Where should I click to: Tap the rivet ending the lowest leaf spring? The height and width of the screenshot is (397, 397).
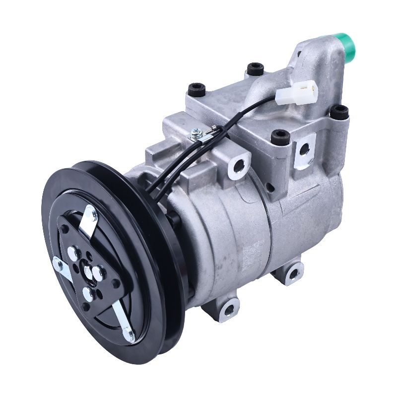(130, 337)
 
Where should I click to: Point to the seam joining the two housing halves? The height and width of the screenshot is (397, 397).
(268, 233)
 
